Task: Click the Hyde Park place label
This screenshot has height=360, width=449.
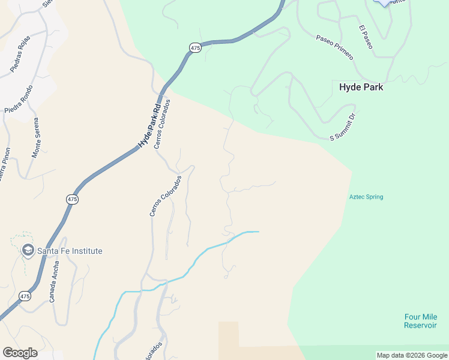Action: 361,87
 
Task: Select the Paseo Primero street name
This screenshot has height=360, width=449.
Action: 335,46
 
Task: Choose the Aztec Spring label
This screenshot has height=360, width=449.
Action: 366,197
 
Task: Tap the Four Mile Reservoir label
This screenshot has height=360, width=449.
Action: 420,321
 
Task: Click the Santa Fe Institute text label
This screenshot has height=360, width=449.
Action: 70,251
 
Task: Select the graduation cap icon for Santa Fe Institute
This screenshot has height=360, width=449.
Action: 28,250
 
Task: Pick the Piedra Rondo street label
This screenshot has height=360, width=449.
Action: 19,100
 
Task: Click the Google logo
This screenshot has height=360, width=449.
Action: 20,353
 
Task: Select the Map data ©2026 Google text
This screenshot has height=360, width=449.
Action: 412,355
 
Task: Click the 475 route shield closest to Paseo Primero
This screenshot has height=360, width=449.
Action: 194,47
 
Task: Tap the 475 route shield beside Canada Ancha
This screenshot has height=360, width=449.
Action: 24,296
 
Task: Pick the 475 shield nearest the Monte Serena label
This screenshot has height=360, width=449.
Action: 72,199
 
